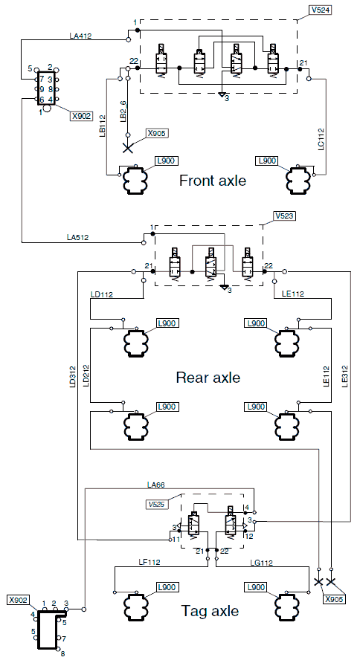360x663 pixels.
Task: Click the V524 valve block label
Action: coord(320,10)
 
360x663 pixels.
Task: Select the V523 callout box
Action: coord(285,216)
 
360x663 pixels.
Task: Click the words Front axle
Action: coord(213,181)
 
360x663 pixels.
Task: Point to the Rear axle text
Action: coord(208,377)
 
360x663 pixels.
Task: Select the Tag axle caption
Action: coord(210,610)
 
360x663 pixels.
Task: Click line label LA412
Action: coord(80,36)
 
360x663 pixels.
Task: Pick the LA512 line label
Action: coord(77,237)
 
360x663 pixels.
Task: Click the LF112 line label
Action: coord(150,562)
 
